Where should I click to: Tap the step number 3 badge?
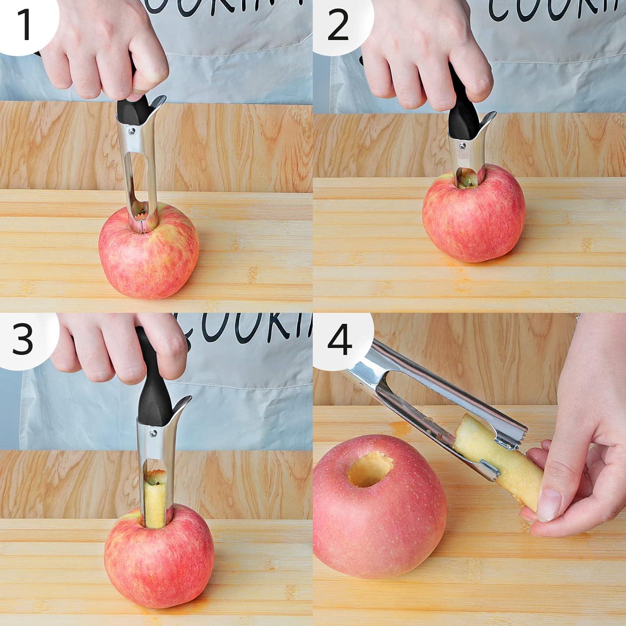click(x=23, y=338)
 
